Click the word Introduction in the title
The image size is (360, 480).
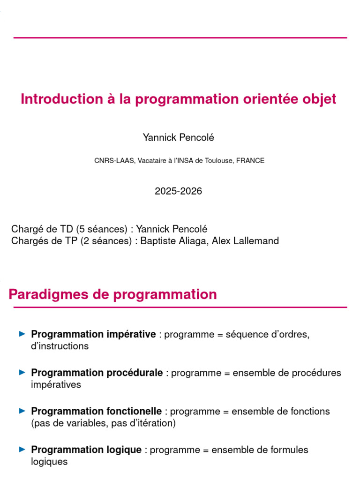pos(62,99)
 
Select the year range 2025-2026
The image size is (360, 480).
pos(178,191)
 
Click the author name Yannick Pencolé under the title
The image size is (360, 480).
pos(179,137)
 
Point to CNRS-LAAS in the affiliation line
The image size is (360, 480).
pos(114,161)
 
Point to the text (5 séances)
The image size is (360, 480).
pos(102,229)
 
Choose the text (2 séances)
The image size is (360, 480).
pos(106,241)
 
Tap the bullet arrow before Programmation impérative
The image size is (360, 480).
pos(22,334)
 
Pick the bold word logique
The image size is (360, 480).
pos(124,450)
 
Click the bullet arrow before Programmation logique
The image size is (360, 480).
pos(22,450)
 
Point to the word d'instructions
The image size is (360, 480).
pos(60,346)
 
